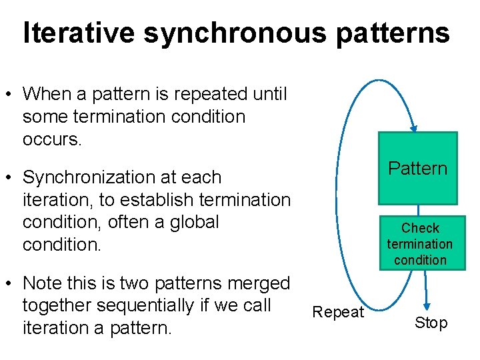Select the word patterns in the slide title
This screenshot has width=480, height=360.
[393, 33]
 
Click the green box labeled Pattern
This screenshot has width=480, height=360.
[418, 168]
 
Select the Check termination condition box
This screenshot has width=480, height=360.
[419, 243]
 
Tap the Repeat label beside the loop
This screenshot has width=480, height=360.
[338, 312]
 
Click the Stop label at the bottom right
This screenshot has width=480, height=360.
[431, 323]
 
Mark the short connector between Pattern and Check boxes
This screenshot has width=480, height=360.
[419, 210]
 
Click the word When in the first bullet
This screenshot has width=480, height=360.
[49, 94]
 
